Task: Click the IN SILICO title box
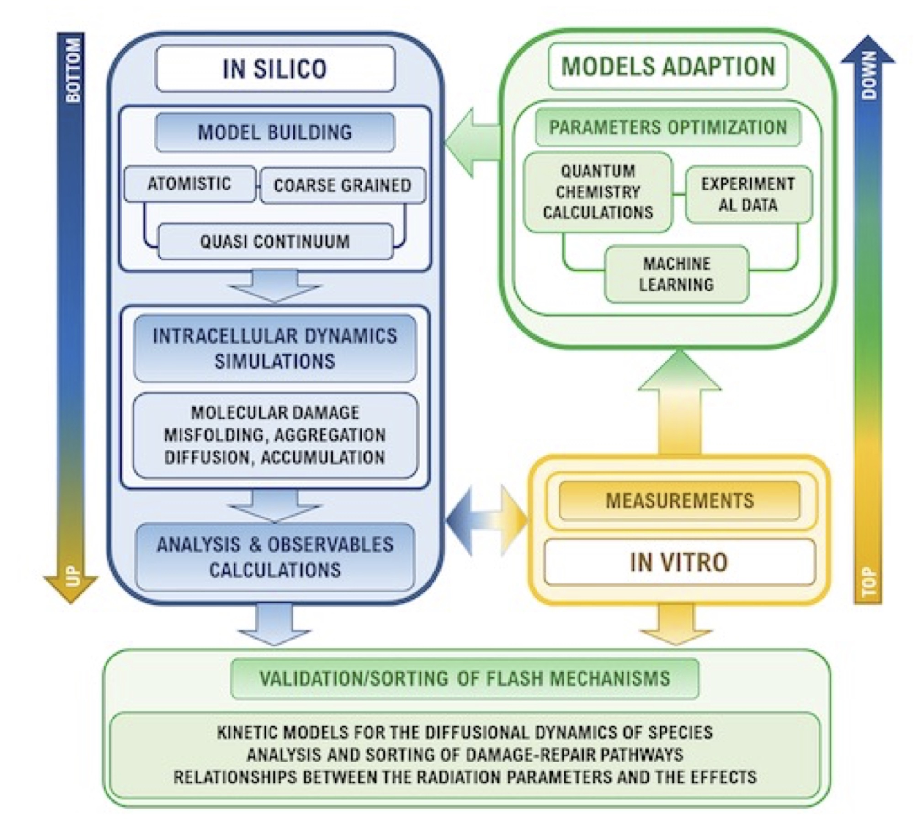pyautogui.click(x=275, y=69)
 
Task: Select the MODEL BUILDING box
pyautogui.click(x=275, y=132)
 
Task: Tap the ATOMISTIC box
pyautogui.click(x=190, y=184)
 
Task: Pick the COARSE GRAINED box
pyautogui.click(x=342, y=185)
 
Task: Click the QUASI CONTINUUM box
pyautogui.click(x=275, y=242)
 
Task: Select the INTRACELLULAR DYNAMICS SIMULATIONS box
pyautogui.click(x=275, y=349)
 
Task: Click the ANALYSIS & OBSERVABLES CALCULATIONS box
pyautogui.click(x=275, y=557)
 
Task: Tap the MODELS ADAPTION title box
pyautogui.click(x=668, y=67)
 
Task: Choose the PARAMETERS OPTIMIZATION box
pyautogui.click(x=668, y=127)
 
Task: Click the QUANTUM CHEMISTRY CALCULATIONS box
pyautogui.click(x=598, y=192)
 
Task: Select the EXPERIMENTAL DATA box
pyautogui.click(x=748, y=194)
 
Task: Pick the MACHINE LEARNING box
pyautogui.click(x=676, y=274)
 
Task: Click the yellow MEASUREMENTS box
pyautogui.click(x=680, y=501)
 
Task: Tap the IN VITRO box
pyautogui.click(x=679, y=562)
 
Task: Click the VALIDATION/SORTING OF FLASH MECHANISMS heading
pyautogui.click(x=465, y=678)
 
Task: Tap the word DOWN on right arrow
pyautogui.click(x=869, y=75)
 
